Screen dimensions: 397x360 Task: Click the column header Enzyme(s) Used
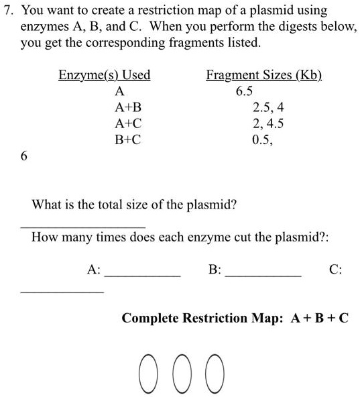coord(104,75)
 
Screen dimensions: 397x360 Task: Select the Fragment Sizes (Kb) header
coord(263,75)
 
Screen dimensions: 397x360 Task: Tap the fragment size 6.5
coord(245,91)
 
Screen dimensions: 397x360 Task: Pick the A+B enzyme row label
coord(128,107)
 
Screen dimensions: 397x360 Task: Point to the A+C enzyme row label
coord(128,123)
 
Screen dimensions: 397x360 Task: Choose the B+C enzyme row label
coord(128,140)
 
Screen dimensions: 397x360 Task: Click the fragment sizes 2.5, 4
coord(268,107)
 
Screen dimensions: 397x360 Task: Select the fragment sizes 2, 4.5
coord(268,123)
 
